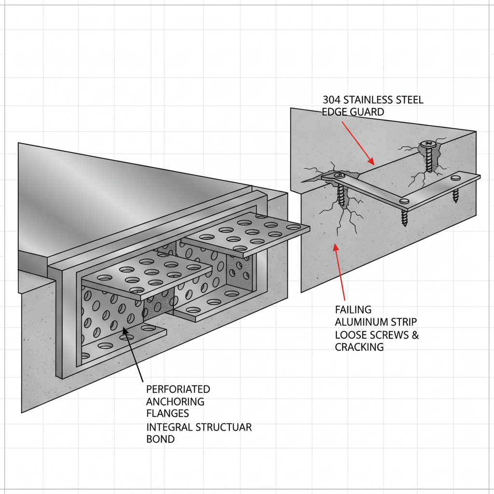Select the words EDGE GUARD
coord(353,112)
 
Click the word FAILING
coord(354,310)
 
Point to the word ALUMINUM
coord(357,322)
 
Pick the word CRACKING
coord(359,347)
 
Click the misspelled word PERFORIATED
coord(178,389)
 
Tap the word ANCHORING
coord(175,401)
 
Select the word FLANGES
coord(167,413)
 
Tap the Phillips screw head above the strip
coord(427,144)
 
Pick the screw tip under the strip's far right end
coord(455,197)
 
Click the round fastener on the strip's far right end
coord(453,179)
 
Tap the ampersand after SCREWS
coord(414,335)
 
